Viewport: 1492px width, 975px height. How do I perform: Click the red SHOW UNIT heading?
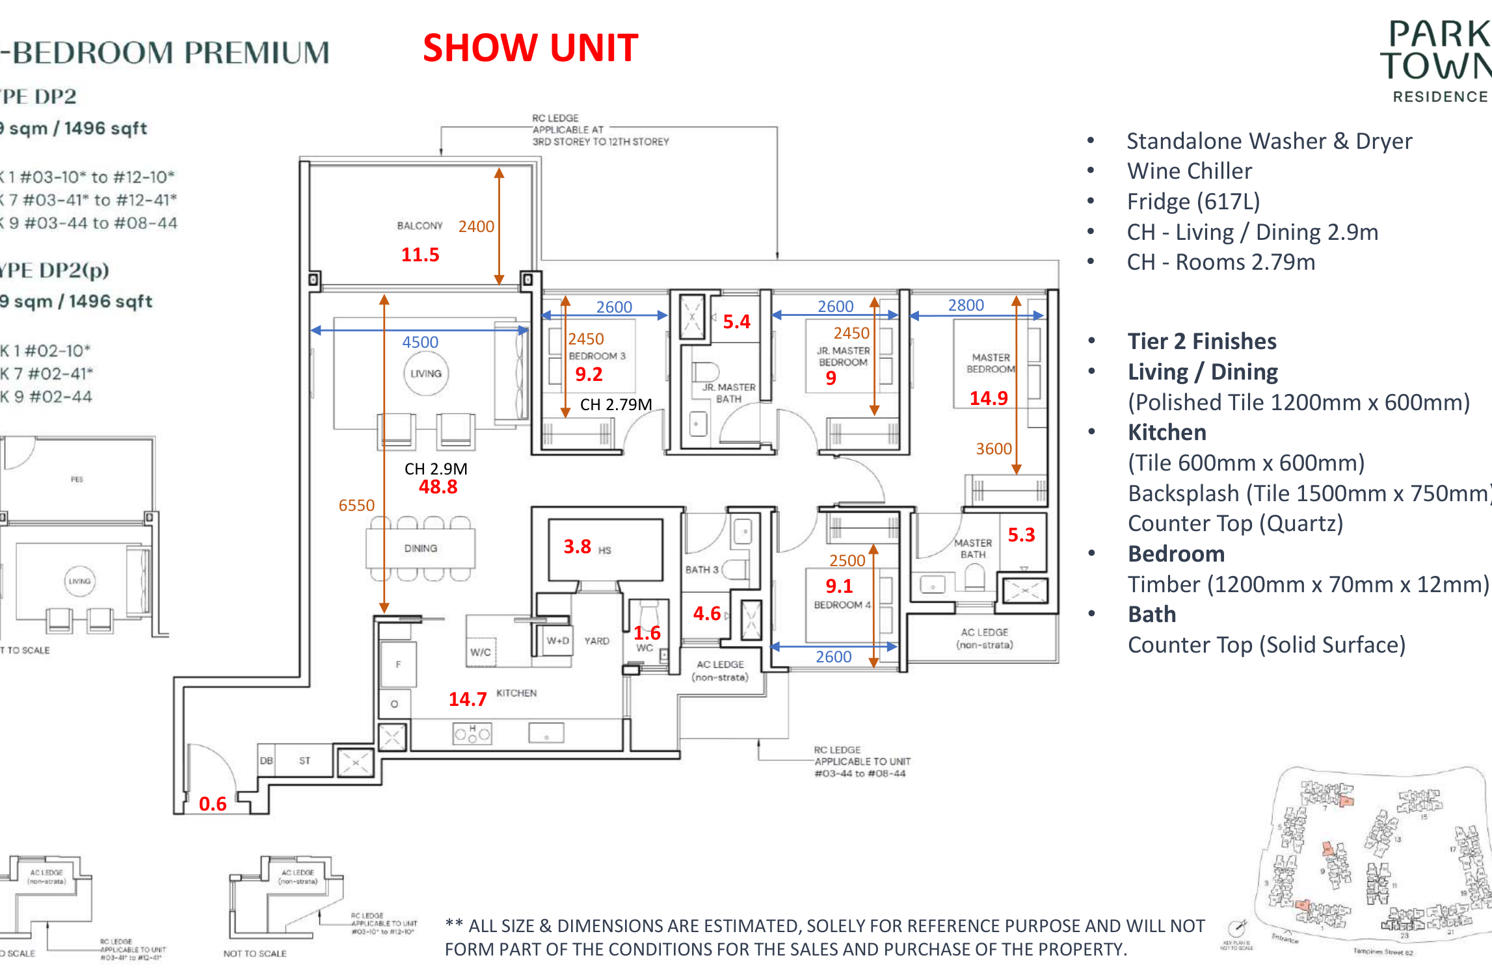point(530,48)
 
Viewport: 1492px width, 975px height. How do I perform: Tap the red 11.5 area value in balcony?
point(420,255)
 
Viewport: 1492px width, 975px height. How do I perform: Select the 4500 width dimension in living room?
point(420,342)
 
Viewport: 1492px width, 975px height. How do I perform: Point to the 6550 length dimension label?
point(356,505)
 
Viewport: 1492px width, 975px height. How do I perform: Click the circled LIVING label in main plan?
point(426,374)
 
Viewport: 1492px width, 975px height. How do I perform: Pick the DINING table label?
point(420,549)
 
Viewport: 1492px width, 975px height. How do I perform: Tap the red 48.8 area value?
point(438,487)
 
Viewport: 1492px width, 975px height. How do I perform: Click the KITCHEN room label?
point(516,693)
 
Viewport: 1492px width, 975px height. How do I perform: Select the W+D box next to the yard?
point(558,641)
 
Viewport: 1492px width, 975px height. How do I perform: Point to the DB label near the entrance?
point(266,760)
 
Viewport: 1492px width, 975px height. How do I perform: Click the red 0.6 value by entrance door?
point(213,804)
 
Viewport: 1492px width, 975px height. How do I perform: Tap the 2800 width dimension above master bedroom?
point(966,305)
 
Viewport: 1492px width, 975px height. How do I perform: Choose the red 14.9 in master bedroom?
point(989,398)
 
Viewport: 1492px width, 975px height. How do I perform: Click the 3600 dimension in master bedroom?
point(994,448)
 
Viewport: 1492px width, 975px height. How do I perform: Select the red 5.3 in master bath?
point(1021,535)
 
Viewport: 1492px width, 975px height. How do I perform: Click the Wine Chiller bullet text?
point(1189,171)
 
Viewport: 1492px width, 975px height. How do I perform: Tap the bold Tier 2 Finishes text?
point(1202,341)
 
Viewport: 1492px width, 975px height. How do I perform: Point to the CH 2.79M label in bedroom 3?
point(615,405)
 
